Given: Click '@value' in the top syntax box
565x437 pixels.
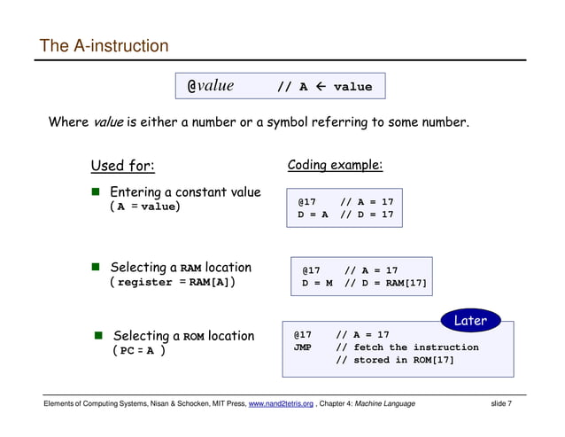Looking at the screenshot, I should coord(210,86).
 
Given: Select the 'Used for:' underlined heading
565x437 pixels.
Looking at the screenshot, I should coord(122,166).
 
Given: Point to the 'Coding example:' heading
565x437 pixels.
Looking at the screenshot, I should coord(336,166).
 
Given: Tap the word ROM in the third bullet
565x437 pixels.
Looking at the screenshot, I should coord(194,337).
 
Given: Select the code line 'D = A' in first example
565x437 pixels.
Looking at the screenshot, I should coord(313,215).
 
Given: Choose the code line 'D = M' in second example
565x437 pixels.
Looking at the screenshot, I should coord(317,284).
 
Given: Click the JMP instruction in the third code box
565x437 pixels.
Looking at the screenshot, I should coord(303,347).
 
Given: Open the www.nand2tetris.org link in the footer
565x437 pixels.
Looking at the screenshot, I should coord(282,405).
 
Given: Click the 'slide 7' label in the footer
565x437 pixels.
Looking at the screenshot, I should coord(506,405).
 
